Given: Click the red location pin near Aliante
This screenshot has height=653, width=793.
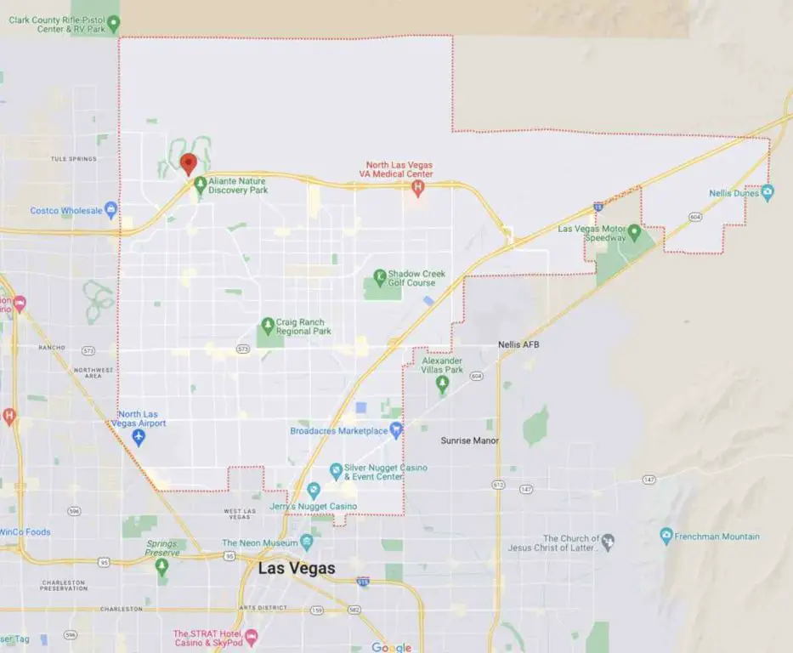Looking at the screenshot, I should tap(189, 162).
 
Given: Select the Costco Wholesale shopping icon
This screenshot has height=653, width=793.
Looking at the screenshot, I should tap(110, 210).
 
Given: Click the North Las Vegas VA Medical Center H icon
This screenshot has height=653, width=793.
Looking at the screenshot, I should tap(417, 187).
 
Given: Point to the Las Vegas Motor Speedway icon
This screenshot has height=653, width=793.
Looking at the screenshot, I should tap(634, 231).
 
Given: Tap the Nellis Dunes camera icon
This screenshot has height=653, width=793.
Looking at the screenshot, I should tap(768, 193).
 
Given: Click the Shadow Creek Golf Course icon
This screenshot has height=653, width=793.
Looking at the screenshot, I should tap(380, 277).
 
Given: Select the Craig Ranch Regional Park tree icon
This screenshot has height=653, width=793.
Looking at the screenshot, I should tap(267, 325).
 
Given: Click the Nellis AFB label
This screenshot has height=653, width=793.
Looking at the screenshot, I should tap(518, 344).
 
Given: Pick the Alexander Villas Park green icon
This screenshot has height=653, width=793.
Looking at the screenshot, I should tap(442, 384).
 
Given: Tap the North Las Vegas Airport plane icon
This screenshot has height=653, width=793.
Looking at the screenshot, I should tap(139, 437).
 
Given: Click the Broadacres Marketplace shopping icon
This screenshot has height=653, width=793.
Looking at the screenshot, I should tap(395, 431).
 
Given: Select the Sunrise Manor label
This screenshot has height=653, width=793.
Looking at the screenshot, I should tap(470, 440).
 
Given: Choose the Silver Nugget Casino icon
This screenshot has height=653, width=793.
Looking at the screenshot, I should tap(337, 470).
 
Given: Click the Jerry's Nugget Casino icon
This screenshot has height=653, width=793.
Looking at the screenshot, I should tap(313, 490).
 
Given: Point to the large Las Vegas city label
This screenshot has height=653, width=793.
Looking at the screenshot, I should tap(297, 568).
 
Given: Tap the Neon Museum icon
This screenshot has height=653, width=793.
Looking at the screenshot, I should tap(307, 542).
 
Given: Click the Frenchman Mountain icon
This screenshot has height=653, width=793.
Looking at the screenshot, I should tap(666, 537).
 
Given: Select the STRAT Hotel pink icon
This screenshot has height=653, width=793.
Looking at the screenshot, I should tap(251, 636).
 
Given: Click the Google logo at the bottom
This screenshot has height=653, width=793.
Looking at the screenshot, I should tap(392, 647).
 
